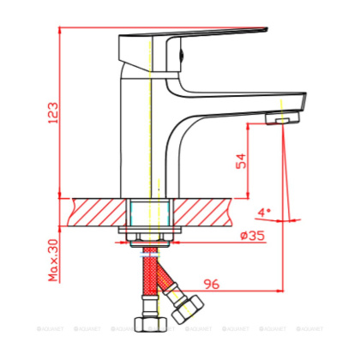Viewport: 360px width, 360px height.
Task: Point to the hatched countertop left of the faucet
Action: pyautogui.click(x=99, y=210)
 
